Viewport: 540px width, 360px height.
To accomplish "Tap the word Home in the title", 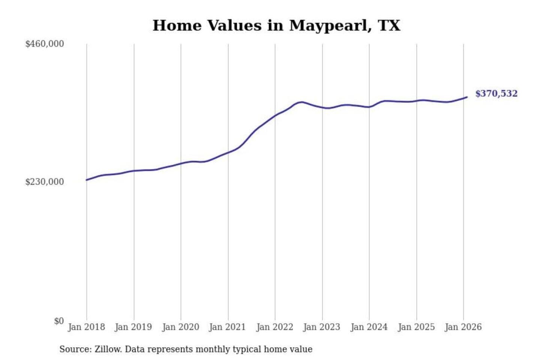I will tap(177, 25).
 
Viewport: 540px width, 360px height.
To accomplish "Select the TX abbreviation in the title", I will tap(389, 25).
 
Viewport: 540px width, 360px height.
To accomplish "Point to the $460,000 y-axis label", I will tap(45, 44).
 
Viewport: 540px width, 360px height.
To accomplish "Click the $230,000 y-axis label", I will tap(45, 182).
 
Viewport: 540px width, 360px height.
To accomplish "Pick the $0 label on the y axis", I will tap(59, 321).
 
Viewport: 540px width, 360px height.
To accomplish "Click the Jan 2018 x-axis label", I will tap(86, 327).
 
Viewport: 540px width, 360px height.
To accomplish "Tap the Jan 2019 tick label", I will tap(133, 327).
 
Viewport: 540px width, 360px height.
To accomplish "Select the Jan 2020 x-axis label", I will tap(180, 327).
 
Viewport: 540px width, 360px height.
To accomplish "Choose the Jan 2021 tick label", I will tap(228, 327).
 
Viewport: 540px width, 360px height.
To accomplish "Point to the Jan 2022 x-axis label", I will tap(274, 327).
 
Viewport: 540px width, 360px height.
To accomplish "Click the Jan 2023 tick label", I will tap(322, 327).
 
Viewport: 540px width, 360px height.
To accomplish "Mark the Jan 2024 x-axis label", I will tap(369, 327).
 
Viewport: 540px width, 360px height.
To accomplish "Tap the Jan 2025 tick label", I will tap(416, 327).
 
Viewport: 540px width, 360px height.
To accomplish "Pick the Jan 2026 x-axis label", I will tap(463, 327).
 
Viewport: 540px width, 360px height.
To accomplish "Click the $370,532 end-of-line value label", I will tap(496, 93).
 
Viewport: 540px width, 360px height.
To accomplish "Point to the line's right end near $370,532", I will tap(467, 97).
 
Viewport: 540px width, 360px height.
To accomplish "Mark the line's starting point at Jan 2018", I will tap(87, 180).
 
